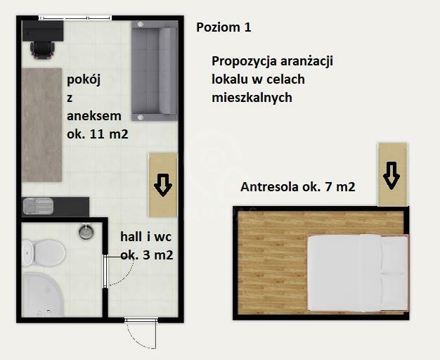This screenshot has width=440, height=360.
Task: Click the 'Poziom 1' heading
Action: tap(224, 28)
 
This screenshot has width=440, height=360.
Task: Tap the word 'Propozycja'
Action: tap(244, 61)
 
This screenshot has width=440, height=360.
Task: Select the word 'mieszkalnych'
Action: tap(252, 98)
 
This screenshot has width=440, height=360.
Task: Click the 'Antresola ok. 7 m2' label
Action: tap(297, 187)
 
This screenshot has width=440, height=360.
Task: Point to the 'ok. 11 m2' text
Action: tap(97, 135)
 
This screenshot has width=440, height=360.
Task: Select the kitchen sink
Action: tap(37, 206)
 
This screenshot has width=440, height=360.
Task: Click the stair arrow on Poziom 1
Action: tap(162, 185)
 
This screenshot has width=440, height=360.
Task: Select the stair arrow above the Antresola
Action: tap(392, 174)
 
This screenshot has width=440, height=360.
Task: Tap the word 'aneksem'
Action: tap(94, 117)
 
